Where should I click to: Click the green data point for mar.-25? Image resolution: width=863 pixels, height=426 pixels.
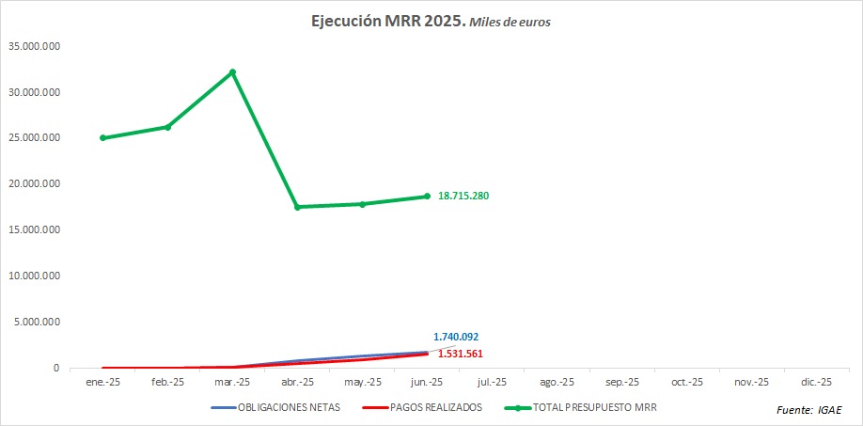coord(232,72)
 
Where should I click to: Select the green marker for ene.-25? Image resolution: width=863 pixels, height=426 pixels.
coord(102,138)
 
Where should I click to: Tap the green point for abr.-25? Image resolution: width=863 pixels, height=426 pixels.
coord(297,207)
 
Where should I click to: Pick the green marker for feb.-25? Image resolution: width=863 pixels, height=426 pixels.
coord(167,127)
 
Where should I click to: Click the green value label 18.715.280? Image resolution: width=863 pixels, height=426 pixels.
coord(463,196)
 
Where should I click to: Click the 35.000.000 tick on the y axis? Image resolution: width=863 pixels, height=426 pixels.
coord(34,46)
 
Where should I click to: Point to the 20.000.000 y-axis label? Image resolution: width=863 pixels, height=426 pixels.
coord(34,184)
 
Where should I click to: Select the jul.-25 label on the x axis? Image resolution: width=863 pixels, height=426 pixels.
coord(492,383)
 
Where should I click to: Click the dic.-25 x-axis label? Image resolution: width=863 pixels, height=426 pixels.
coord(816,383)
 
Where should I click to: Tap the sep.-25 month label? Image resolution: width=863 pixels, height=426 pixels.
coord(621,383)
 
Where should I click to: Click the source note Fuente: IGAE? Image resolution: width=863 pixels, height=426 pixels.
coord(809,411)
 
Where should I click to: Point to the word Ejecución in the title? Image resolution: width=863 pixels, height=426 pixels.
coord(345,21)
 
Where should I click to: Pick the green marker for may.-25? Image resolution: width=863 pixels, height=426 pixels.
coord(362,204)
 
